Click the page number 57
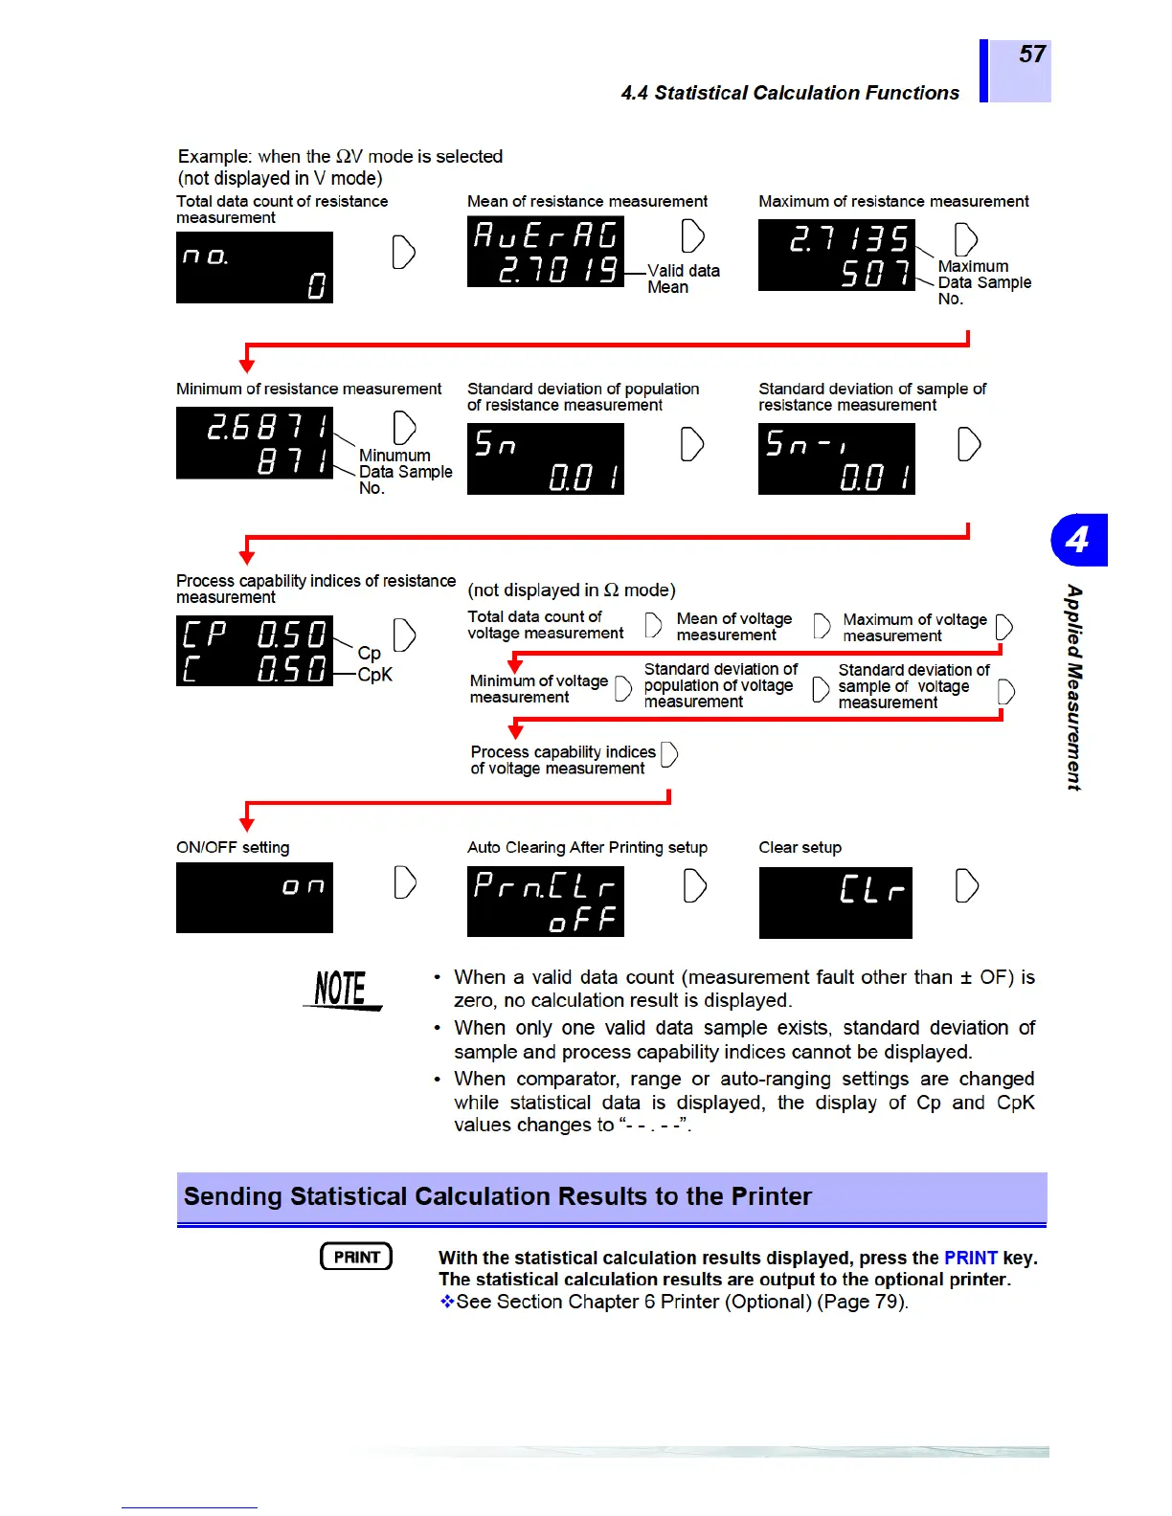(x=1031, y=55)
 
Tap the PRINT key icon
(x=356, y=1257)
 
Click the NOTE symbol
(x=342, y=990)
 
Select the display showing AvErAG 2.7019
(x=545, y=252)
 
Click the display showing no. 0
(x=255, y=267)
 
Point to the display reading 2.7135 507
(x=836, y=255)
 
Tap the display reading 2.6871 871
(x=255, y=443)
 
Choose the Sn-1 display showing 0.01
(x=836, y=459)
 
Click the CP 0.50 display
(x=255, y=651)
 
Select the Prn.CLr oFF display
(x=545, y=902)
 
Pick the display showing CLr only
(x=835, y=903)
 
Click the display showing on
(x=255, y=898)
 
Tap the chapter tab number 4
(x=1078, y=540)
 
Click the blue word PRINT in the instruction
(x=970, y=1258)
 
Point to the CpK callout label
(x=374, y=675)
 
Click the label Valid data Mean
(x=683, y=279)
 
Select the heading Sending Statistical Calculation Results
(x=498, y=1196)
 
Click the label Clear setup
(x=800, y=847)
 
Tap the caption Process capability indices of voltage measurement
(x=562, y=760)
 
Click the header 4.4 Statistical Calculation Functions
(x=790, y=93)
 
